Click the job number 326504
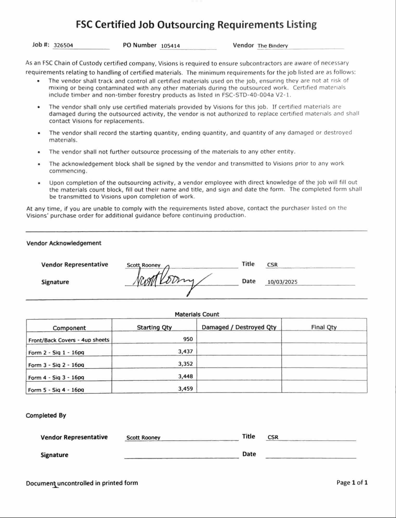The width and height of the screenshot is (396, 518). [63, 45]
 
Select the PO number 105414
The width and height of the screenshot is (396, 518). [170, 46]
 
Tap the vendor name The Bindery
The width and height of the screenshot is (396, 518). [272, 46]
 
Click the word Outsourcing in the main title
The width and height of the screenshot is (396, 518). [186, 24]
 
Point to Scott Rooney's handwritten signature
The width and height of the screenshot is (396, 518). [166, 280]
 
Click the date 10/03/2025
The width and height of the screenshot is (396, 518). [282, 282]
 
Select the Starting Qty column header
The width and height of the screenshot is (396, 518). [154, 327]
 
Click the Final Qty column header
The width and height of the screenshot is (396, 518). [324, 327]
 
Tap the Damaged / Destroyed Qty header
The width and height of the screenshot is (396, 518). [239, 327]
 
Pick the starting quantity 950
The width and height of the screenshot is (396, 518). [188, 339]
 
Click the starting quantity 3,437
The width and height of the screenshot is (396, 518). [185, 352]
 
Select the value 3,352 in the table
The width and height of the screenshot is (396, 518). [185, 364]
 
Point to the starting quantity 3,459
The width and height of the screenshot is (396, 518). [185, 389]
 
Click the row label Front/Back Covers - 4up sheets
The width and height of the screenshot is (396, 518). [69, 340]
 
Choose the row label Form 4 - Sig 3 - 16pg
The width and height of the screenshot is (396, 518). [56, 377]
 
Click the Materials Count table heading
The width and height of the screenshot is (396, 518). [197, 314]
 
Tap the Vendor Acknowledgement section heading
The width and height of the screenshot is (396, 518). [64, 243]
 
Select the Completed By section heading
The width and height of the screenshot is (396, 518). [46, 415]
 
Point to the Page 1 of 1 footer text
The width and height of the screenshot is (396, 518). [352, 483]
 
